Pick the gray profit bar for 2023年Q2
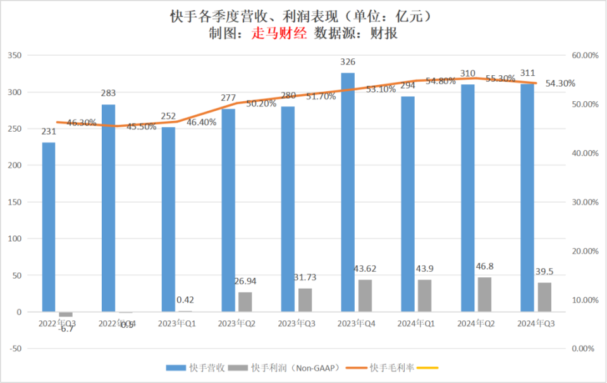(x=245, y=301)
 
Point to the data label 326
(x=348, y=62)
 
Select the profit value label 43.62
(x=365, y=269)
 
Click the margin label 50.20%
(x=261, y=103)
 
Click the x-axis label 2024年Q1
(x=416, y=323)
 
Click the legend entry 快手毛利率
(x=391, y=368)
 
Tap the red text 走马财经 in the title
(x=279, y=34)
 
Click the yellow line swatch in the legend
(x=427, y=368)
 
